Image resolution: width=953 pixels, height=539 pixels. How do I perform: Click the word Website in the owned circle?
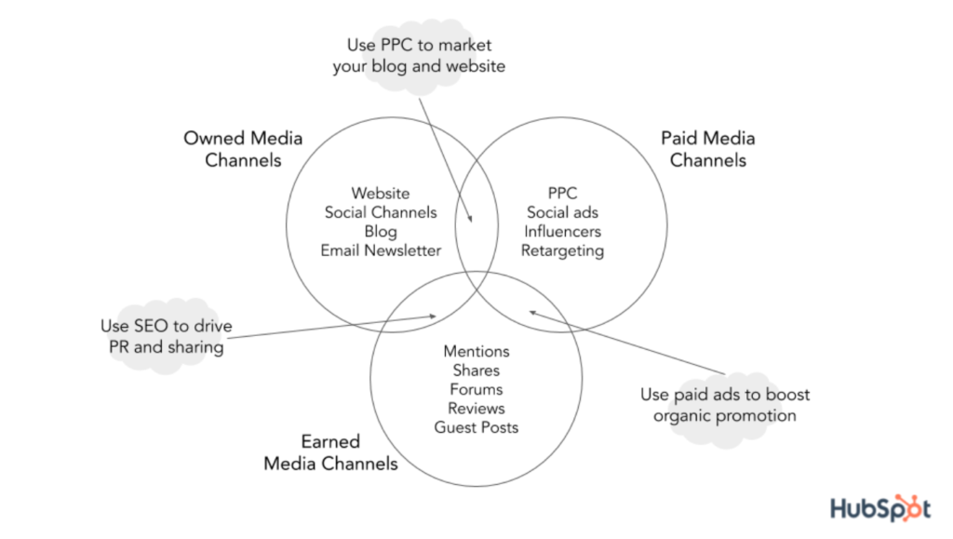click(x=380, y=194)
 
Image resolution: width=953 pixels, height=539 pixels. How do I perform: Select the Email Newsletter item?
click(x=380, y=250)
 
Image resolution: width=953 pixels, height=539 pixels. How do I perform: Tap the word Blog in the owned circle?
click(x=380, y=232)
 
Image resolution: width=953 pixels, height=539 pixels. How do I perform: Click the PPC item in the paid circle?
click(x=562, y=194)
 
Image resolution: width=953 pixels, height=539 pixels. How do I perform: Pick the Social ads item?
click(x=562, y=212)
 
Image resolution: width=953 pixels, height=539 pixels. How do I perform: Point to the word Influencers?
click(x=562, y=232)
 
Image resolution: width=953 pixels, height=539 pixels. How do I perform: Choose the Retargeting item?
click(x=562, y=250)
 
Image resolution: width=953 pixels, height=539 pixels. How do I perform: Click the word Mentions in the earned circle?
click(x=476, y=351)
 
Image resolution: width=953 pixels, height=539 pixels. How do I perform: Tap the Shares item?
click(x=476, y=371)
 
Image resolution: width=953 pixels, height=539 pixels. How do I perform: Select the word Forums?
click(x=476, y=389)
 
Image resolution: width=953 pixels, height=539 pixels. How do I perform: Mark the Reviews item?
click(x=476, y=409)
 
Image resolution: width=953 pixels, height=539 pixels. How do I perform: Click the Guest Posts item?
click(x=476, y=427)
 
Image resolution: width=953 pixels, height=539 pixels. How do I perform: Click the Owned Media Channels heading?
click(x=243, y=149)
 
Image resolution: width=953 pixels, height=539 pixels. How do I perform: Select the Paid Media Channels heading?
click(x=707, y=149)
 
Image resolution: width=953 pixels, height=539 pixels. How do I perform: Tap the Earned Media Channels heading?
click(x=330, y=452)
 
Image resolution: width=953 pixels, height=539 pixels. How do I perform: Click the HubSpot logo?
click(x=879, y=508)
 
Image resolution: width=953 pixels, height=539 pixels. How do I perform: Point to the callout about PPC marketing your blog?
click(x=418, y=56)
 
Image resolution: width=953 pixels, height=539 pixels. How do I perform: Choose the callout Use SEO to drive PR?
click(x=166, y=337)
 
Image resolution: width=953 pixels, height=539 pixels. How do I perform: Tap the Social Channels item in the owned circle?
click(x=380, y=212)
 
